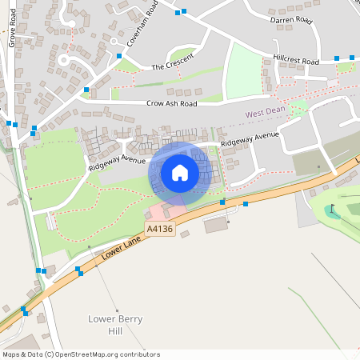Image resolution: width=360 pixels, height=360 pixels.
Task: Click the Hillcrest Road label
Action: point(295,61)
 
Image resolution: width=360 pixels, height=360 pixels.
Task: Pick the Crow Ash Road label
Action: point(171,103)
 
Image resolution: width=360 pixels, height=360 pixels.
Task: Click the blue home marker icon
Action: point(180,172)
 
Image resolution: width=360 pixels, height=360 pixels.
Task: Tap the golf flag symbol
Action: point(333,209)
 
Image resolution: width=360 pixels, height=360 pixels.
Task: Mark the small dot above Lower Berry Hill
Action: point(117,310)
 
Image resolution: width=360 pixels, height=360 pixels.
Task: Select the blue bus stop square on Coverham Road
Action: point(119,55)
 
